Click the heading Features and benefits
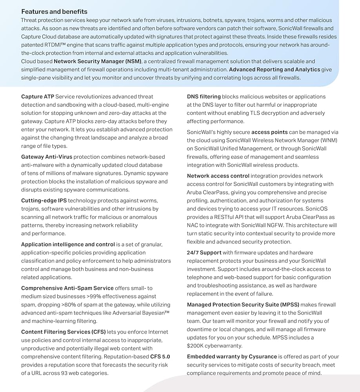54,11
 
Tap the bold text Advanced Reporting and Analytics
275,69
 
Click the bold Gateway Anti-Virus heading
47,157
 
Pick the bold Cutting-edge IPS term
44,201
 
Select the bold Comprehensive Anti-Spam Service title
67,288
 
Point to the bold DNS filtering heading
204,96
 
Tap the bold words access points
269,132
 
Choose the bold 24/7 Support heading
204,252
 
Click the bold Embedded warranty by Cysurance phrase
232,357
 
